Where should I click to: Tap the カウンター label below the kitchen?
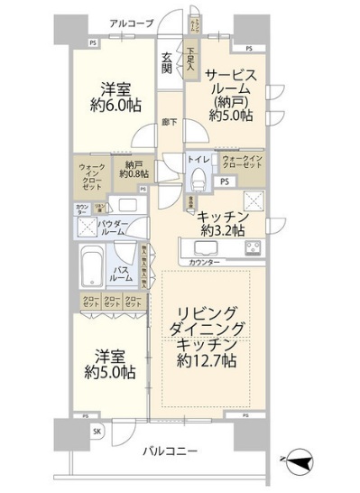point(206,263)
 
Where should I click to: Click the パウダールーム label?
point(112,227)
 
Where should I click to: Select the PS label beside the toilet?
point(224,181)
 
